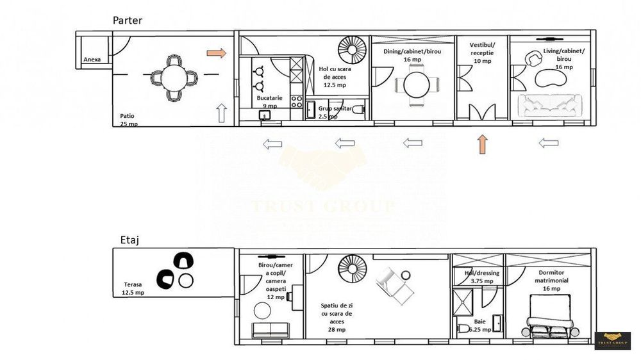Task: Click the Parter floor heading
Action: pyautogui.click(x=128, y=20)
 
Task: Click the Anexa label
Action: pyautogui.click(x=92, y=60)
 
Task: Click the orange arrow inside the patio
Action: pyautogui.click(x=217, y=53)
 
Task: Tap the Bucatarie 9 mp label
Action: pyautogui.click(x=267, y=102)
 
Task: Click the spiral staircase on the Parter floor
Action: pyautogui.click(x=351, y=49)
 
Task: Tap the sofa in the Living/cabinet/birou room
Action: pyautogui.click(x=550, y=106)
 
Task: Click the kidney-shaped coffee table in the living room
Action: pyautogui.click(x=550, y=78)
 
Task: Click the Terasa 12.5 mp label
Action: pyautogui.click(x=133, y=288)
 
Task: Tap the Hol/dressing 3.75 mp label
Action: pyautogui.click(x=479, y=277)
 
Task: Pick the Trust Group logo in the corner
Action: pyautogui.click(x=612, y=341)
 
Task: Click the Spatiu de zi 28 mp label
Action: pyautogui.click(x=333, y=318)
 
